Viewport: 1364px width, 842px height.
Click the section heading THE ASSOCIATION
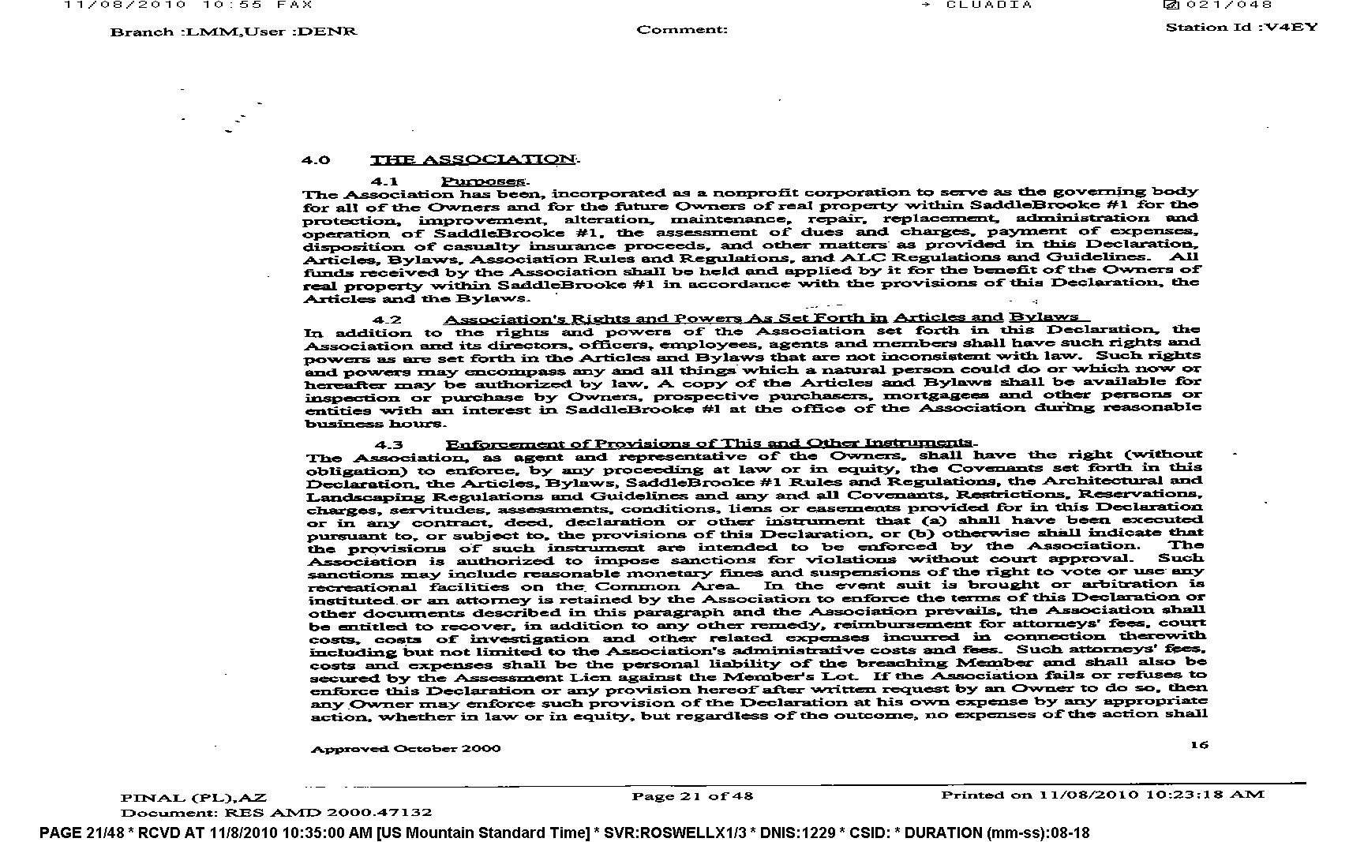pyautogui.click(x=474, y=159)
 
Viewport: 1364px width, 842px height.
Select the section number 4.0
pyautogui.click(x=316, y=161)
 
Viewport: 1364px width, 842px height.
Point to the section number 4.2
pyautogui.click(x=387, y=320)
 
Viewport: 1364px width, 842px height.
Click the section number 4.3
pyautogui.click(x=388, y=445)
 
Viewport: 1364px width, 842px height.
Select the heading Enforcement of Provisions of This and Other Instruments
pyautogui.click(x=710, y=443)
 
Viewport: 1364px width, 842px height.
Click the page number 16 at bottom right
pyautogui.click(x=1199, y=745)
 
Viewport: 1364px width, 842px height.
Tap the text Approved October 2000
pyautogui.click(x=405, y=748)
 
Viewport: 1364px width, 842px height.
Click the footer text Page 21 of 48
pyautogui.click(x=692, y=796)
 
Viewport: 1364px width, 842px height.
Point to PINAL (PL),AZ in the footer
pyautogui.click(x=193, y=798)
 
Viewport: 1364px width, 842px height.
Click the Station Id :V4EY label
pyautogui.click(x=1241, y=28)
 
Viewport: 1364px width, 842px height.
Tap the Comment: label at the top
pyautogui.click(x=682, y=30)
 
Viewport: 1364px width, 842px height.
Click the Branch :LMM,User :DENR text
pyautogui.click(x=234, y=32)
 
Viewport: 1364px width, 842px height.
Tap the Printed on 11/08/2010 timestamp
pyautogui.click(x=1102, y=795)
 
